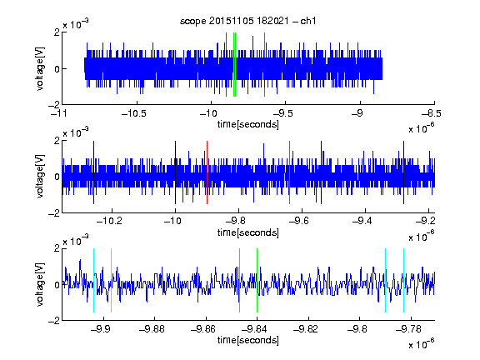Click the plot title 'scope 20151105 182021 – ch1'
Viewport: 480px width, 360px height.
pos(248,21)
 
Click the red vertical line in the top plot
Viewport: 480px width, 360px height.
pos(226,65)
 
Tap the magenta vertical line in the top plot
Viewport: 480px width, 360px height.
pos(264,65)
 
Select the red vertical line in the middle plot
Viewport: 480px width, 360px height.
pos(207,172)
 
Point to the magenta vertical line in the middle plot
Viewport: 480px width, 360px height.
pos(290,172)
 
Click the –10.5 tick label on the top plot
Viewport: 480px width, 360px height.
pos(134,114)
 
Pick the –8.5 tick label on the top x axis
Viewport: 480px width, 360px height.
pos(432,114)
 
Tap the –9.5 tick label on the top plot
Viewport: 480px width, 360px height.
pos(282,114)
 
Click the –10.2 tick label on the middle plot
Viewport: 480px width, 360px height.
pos(109,221)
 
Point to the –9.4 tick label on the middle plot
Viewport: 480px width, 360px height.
pos(362,221)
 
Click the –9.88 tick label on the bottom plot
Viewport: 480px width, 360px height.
pos(152,329)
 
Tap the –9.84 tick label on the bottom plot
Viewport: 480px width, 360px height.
pos(254,329)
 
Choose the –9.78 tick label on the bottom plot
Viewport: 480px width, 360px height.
pos(408,329)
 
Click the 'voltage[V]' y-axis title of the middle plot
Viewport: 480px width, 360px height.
pos(40,176)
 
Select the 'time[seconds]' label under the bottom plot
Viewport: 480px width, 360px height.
pos(248,340)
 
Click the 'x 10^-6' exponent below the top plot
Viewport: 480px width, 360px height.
pos(422,128)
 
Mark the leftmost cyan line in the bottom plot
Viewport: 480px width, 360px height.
pos(93,280)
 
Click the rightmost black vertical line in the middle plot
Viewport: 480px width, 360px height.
pos(403,172)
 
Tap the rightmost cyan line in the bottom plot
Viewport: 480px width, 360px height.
pos(403,280)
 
